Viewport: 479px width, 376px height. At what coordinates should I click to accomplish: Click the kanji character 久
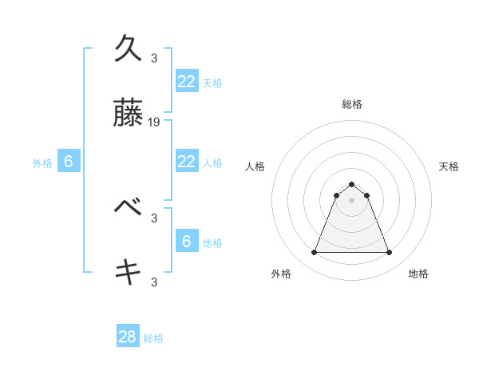click(x=129, y=49)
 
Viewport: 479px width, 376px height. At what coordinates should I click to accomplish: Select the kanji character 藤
click(x=129, y=117)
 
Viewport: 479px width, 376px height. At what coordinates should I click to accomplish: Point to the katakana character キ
click(x=129, y=273)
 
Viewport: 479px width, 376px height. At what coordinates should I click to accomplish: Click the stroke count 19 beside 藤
click(x=155, y=122)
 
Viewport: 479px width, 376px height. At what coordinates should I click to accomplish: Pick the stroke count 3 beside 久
click(x=154, y=58)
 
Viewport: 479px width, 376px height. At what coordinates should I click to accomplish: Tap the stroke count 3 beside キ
click(x=154, y=282)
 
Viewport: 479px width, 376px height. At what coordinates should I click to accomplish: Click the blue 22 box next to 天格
click(x=186, y=82)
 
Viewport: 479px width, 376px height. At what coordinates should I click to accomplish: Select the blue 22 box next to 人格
click(x=186, y=162)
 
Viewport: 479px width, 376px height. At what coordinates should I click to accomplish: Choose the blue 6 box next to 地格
click(x=186, y=242)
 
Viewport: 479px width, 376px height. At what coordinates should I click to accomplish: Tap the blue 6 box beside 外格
click(x=69, y=162)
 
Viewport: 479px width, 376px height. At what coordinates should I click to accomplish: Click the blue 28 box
click(x=128, y=337)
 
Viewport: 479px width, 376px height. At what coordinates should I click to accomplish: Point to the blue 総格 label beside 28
click(x=154, y=338)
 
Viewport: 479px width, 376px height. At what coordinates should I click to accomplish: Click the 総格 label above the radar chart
click(x=351, y=104)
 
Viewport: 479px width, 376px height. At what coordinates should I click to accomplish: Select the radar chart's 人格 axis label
click(x=255, y=166)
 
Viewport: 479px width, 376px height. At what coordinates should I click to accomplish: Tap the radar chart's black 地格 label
click(x=418, y=274)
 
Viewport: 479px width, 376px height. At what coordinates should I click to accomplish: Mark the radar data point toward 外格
click(x=314, y=253)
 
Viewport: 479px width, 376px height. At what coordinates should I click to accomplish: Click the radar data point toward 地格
click(x=389, y=253)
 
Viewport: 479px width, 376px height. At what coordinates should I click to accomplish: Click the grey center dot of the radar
click(x=351, y=200)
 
